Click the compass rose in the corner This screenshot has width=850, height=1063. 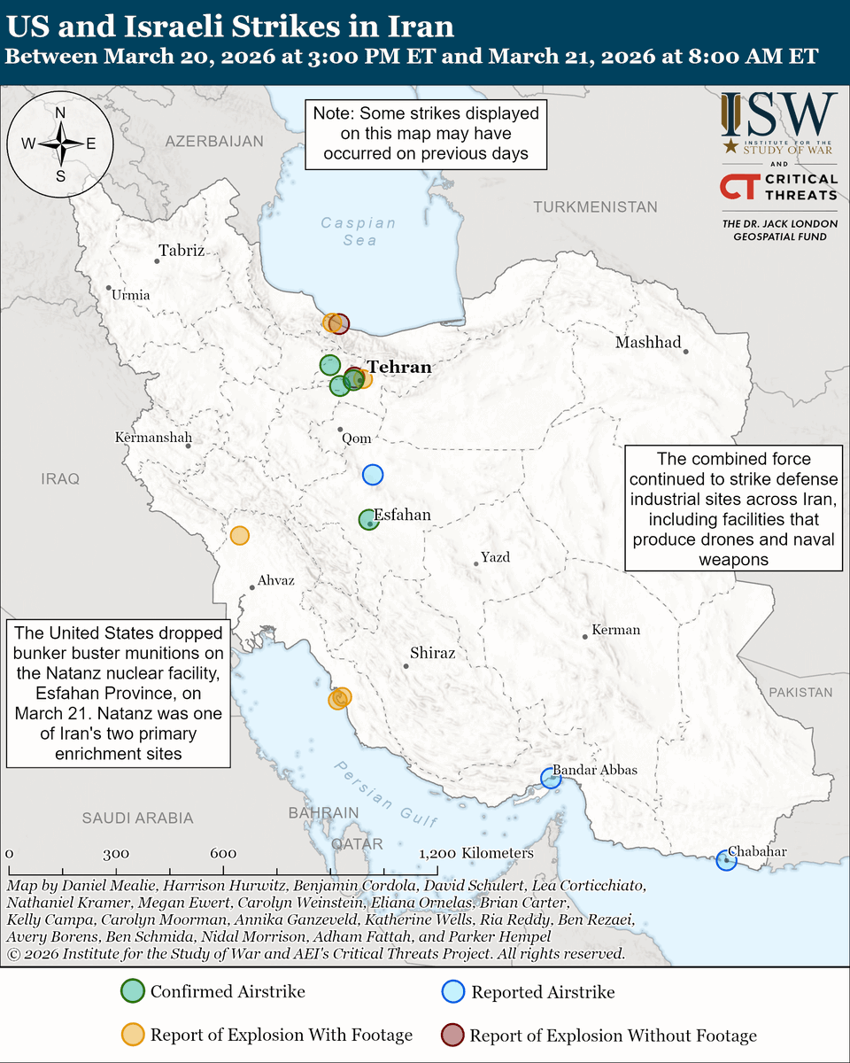click(60, 142)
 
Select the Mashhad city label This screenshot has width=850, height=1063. click(648, 343)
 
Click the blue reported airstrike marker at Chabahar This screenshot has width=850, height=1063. click(726, 859)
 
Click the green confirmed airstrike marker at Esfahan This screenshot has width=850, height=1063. click(369, 520)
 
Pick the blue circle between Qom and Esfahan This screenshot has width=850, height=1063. click(373, 475)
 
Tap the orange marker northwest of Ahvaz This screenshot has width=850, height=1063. click(239, 535)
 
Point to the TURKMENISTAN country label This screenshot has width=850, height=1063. click(595, 207)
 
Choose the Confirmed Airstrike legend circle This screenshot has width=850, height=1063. click(132, 991)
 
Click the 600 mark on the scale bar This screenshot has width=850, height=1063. click(223, 853)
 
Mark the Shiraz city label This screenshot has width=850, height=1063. click(432, 653)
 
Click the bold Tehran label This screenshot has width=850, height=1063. click(399, 367)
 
